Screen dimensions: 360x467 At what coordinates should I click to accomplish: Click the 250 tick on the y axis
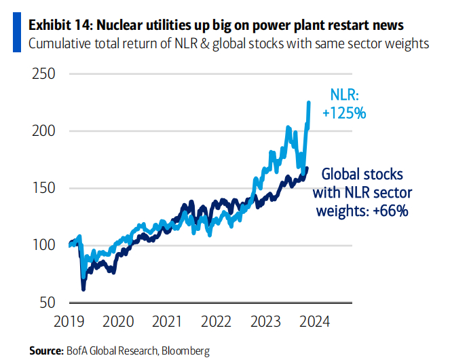[x=44, y=73]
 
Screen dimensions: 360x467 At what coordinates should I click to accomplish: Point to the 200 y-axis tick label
[x=44, y=130]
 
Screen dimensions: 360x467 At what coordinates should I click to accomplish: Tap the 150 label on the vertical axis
[x=44, y=188]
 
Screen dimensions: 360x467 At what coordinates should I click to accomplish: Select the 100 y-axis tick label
[x=44, y=245]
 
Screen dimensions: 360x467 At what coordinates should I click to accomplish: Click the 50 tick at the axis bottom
[x=48, y=302]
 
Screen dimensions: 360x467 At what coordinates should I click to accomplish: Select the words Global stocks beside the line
[x=362, y=173]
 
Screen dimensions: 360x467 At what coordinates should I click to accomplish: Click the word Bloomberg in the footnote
[x=184, y=350]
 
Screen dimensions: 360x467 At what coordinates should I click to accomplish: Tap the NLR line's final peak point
[x=309, y=102]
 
